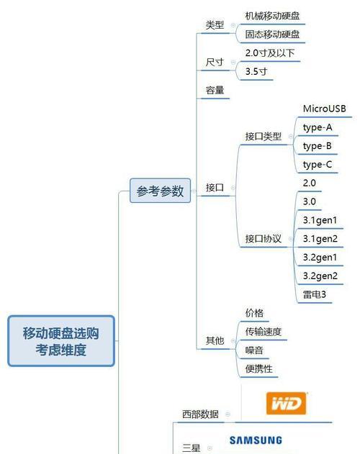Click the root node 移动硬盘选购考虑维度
click(61, 341)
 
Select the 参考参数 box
click(160, 191)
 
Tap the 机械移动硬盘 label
click(272, 16)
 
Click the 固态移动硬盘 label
click(272, 35)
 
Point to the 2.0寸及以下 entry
click(270, 53)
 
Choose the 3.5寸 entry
click(256, 71)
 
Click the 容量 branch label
click(215, 90)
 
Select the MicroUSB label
click(324, 109)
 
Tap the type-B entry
click(317, 146)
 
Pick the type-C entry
click(318, 165)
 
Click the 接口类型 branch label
click(264, 137)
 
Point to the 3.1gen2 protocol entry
click(320, 239)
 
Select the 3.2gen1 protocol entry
click(320, 258)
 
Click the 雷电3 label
click(314, 295)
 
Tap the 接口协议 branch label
click(264, 239)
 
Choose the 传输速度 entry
click(264, 332)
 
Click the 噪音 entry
click(254, 350)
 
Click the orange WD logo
click(286, 403)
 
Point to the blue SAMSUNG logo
click(256, 440)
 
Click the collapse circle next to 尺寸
click(233, 63)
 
